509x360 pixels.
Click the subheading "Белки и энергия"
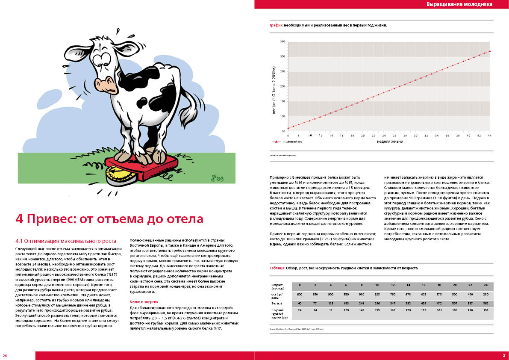[147, 302]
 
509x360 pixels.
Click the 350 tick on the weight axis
[282, 42]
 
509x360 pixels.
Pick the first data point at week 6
[288, 128]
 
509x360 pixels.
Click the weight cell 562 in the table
[485, 304]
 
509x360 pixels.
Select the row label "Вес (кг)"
[277, 304]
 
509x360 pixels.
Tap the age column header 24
[485, 285]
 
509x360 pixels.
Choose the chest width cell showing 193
[485, 310]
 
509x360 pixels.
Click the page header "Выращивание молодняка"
[459, 4]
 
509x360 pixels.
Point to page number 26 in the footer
[5, 356]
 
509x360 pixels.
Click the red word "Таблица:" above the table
[277, 268]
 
